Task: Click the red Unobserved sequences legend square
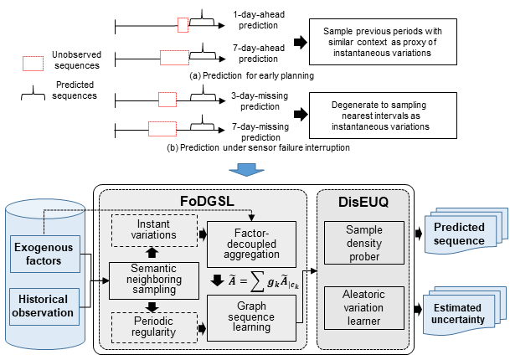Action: pos(33,63)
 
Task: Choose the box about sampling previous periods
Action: pos(385,41)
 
